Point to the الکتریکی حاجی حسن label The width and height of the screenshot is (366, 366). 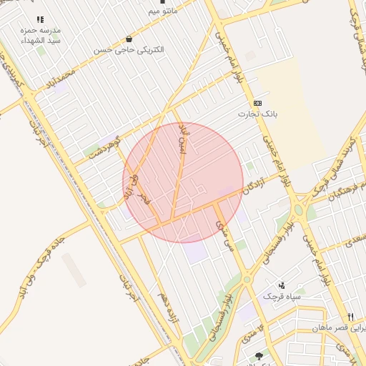pyautogui.click(x=129, y=51)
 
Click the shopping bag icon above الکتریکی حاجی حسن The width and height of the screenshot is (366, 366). pyautogui.click(x=129, y=39)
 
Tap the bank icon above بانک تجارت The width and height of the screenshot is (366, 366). pyautogui.click(x=258, y=103)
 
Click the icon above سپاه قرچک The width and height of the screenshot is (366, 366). pyautogui.click(x=282, y=285)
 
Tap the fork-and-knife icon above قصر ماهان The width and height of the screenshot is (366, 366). pyautogui.click(x=350, y=317)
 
